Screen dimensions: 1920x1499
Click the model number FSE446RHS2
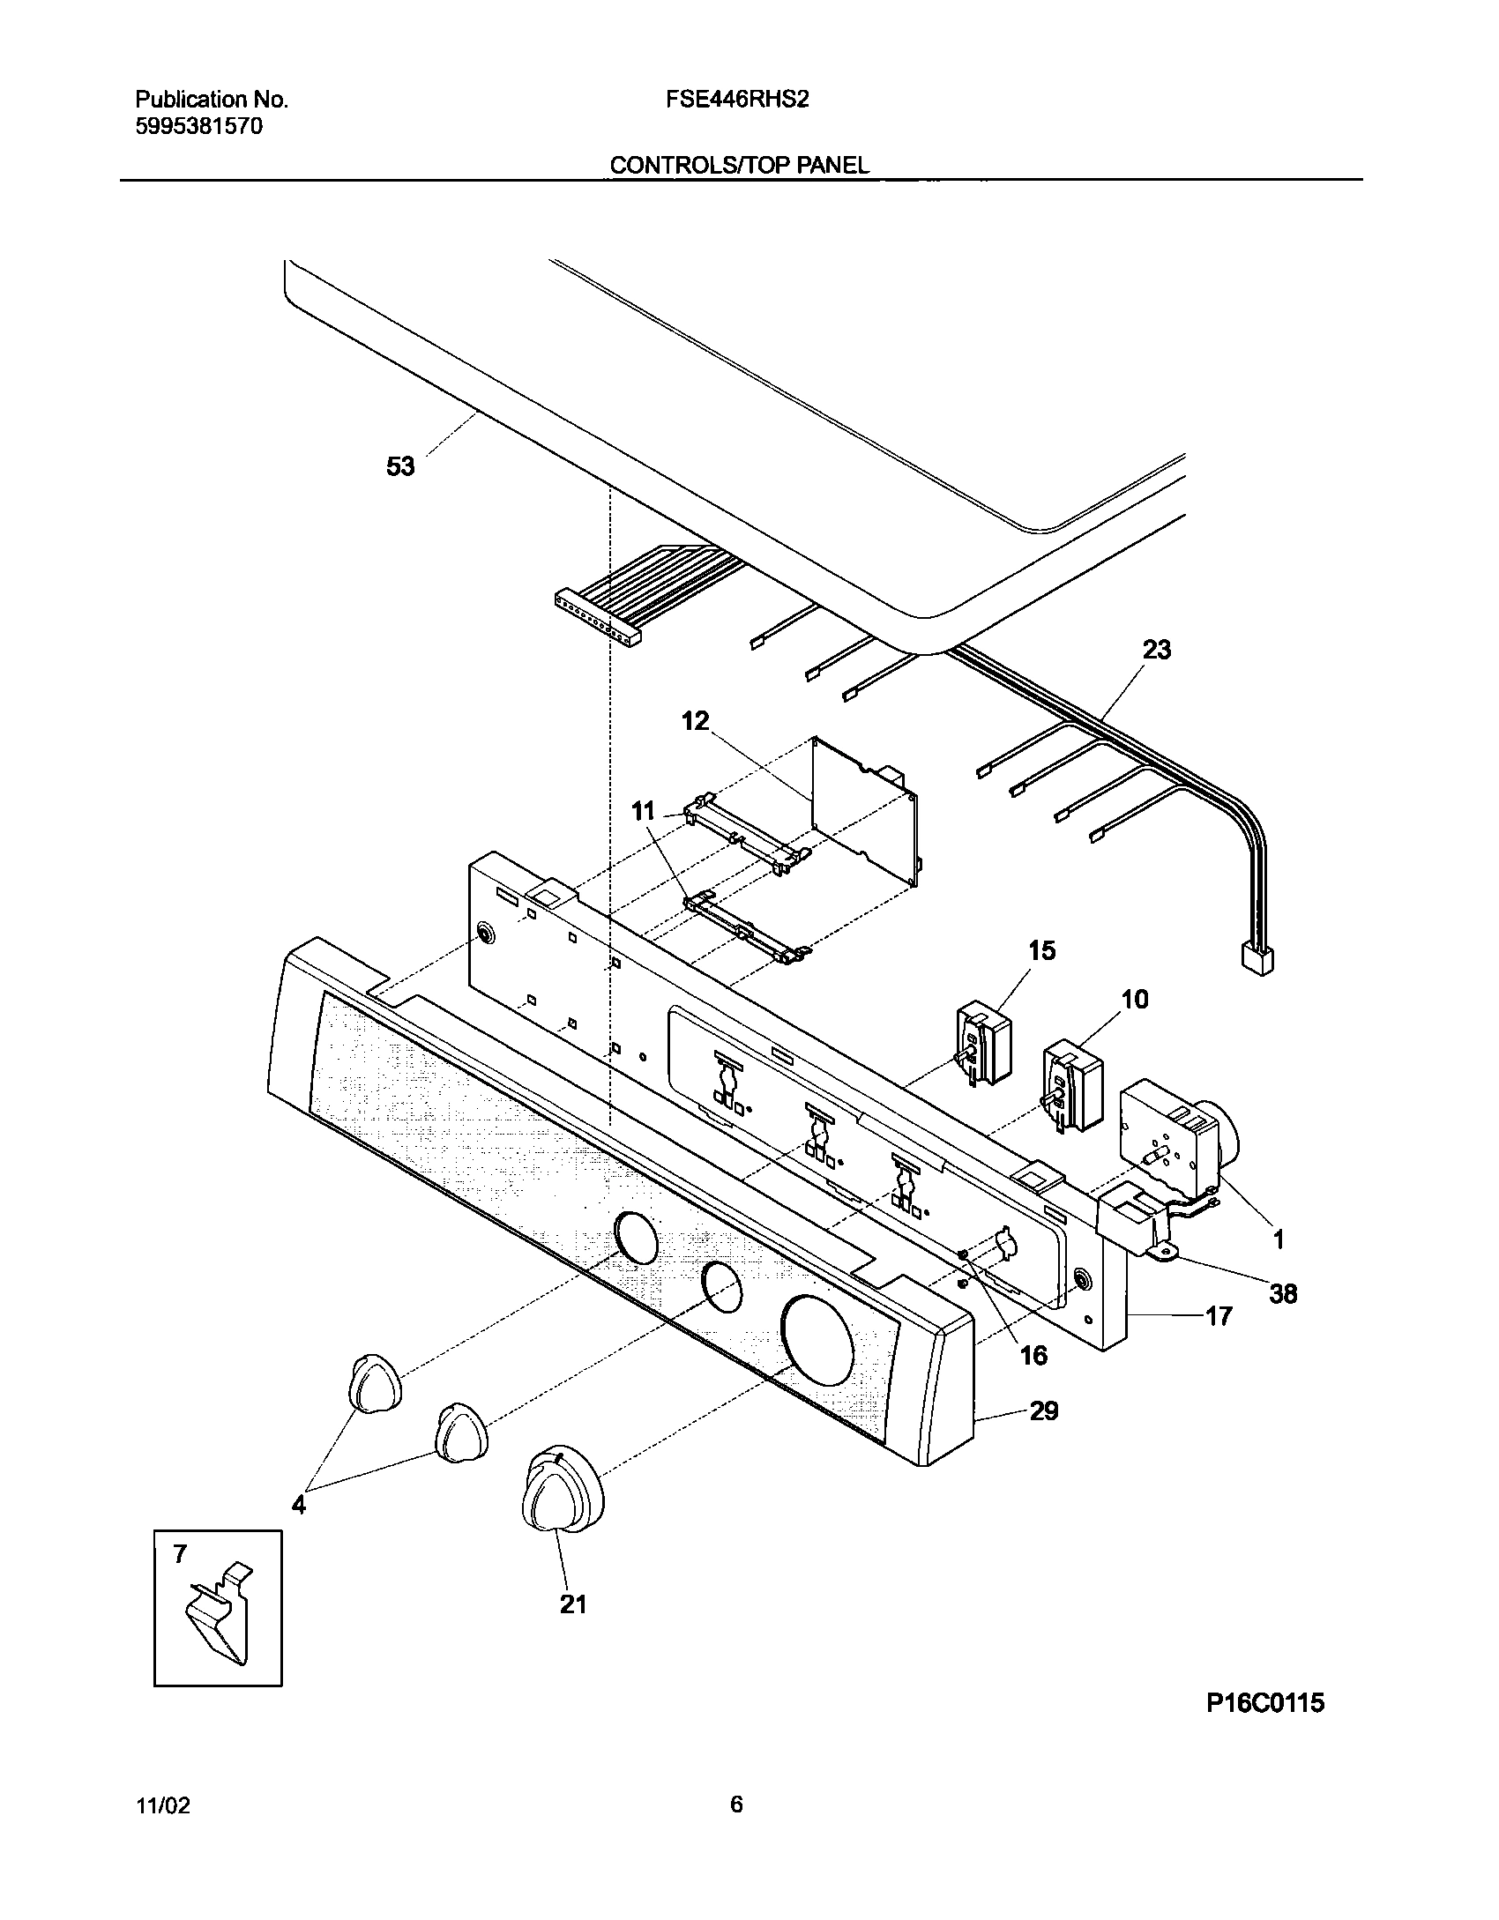coord(737,100)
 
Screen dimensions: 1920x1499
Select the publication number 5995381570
coord(199,126)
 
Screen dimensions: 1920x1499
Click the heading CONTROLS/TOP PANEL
coord(739,165)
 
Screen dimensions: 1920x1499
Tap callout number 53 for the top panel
coord(400,466)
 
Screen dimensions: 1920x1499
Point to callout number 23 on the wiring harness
coord(1157,650)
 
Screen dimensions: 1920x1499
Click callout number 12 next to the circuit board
coord(695,721)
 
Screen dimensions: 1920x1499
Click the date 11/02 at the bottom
coord(163,1805)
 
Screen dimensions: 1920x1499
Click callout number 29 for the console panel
coord(1044,1410)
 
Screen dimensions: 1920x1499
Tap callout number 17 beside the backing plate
coord(1218,1341)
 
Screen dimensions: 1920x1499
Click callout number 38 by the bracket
coord(1283,1293)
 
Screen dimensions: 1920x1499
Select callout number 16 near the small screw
coord(1033,1355)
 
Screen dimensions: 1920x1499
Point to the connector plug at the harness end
coord(1257,958)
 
